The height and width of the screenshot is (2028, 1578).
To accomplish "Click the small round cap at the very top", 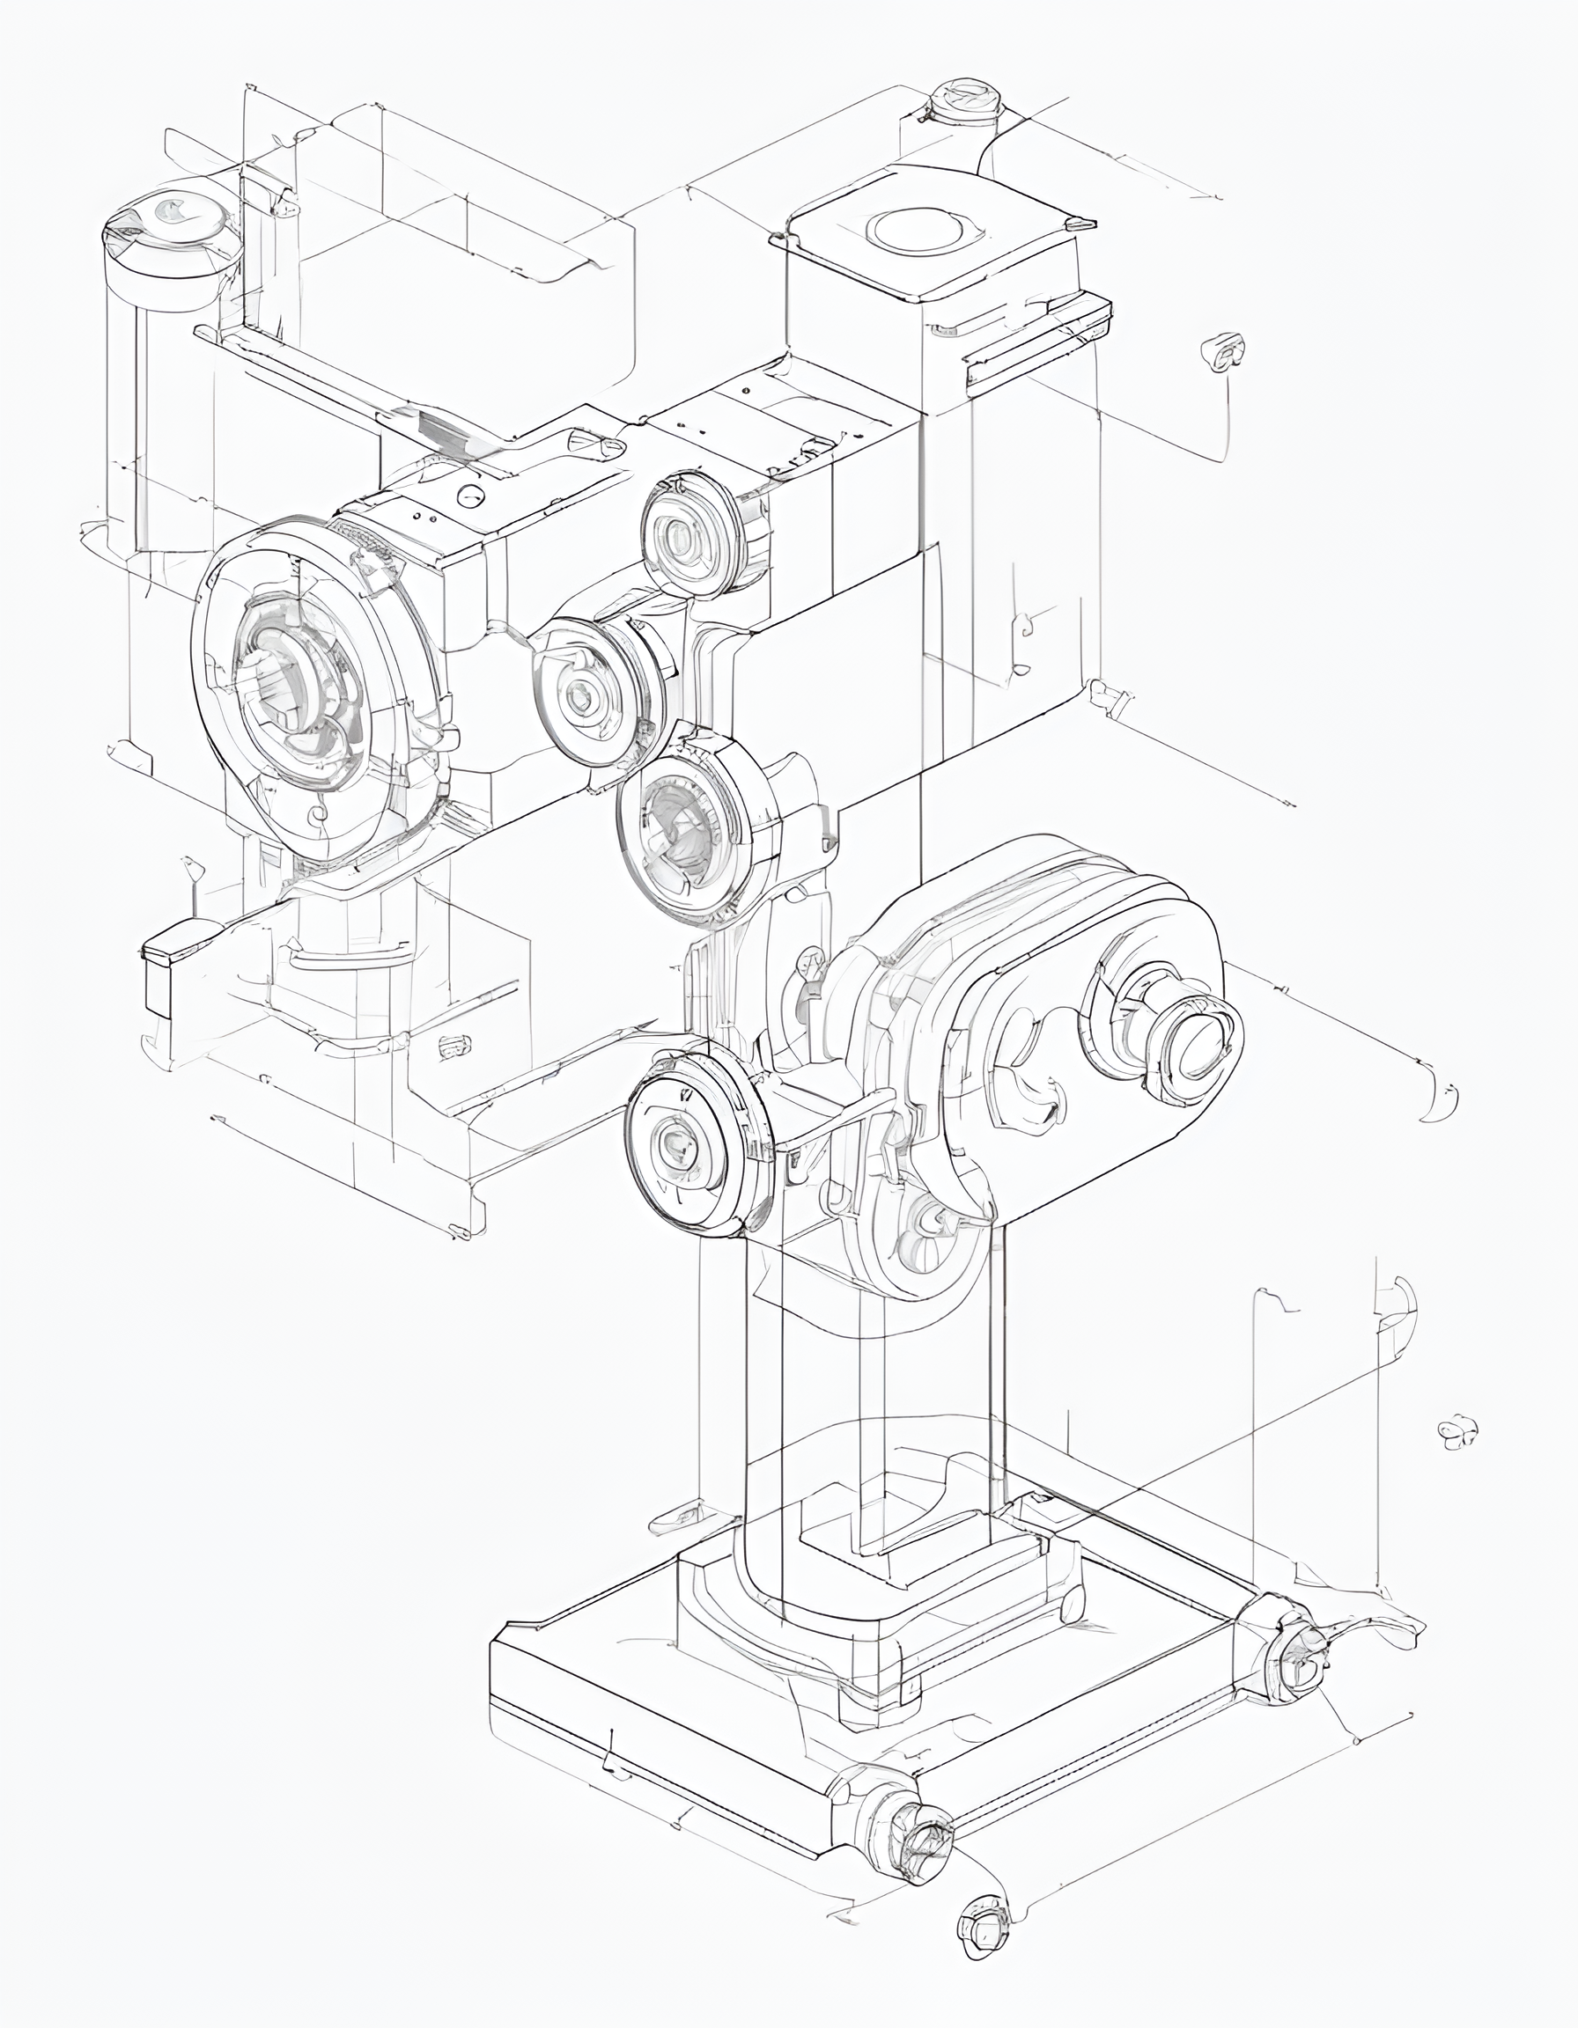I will pos(962,101).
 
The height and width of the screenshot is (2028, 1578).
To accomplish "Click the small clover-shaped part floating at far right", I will pos(1457,1433).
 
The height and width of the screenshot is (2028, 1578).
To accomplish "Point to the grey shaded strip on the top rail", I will pos(446,429).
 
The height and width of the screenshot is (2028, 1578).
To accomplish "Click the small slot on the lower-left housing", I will pos(453,1047).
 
